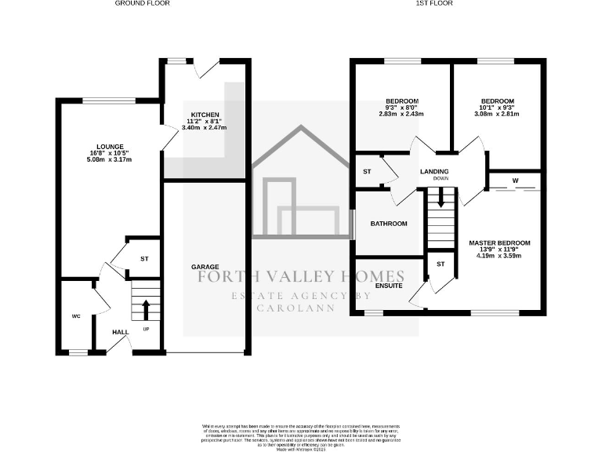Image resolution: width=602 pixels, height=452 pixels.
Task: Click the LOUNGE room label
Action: pyautogui.click(x=109, y=146)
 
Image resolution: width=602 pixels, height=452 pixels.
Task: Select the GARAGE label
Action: pyautogui.click(x=205, y=267)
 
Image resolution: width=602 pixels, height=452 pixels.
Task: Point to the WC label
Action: pyautogui.click(x=77, y=316)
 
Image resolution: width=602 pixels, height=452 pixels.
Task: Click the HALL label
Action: pyautogui.click(x=120, y=333)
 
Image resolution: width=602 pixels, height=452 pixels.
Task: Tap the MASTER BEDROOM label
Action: pyautogui.click(x=500, y=242)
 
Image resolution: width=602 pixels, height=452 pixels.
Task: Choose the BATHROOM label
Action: pyautogui.click(x=389, y=224)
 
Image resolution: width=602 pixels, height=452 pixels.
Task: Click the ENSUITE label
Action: pyautogui.click(x=389, y=286)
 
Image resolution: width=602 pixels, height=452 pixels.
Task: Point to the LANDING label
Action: pyautogui.click(x=434, y=171)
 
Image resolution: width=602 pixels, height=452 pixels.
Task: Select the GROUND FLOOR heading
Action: pyautogui.click(x=143, y=4)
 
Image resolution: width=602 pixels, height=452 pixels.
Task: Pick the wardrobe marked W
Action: pyautogui.click(x=515, y=181)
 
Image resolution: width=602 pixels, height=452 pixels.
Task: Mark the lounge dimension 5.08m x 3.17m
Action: pyautogui.click(x=109, y=159)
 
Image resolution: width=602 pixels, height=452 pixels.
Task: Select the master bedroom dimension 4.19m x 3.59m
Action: pyautogui.click(x=500, y=255)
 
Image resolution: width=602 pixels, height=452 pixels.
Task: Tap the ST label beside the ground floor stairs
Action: pyautogui.click(x=144, y=257)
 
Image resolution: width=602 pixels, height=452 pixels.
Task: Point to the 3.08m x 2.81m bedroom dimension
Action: pyautogui.click(x=498, y=114)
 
